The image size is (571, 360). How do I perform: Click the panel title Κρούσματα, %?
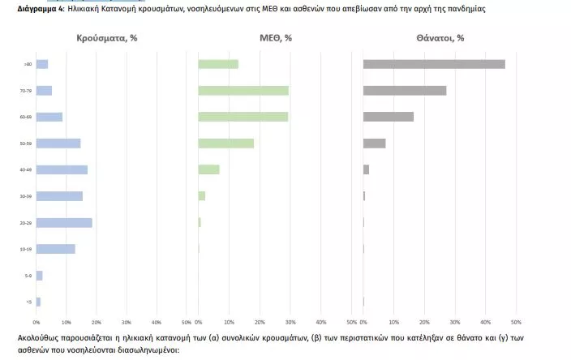[107, 38]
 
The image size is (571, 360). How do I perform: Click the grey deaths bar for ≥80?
[434, 64]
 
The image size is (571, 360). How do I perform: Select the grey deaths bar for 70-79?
[405, 90]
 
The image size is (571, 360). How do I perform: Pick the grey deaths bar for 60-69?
[389, 117]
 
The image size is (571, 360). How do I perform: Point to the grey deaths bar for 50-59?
[375, 144]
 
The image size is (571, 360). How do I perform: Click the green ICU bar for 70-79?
[243, 90]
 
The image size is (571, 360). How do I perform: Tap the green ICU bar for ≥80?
[218, 64]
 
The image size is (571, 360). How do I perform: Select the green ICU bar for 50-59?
[226, 144]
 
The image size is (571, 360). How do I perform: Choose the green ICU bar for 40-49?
[209, 169]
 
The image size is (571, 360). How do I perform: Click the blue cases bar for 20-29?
[64, 222]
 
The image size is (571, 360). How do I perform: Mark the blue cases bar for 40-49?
[62, 169]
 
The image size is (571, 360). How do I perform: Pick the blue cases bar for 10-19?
[56, 249]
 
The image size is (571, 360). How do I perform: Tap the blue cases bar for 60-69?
[49, 117]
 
